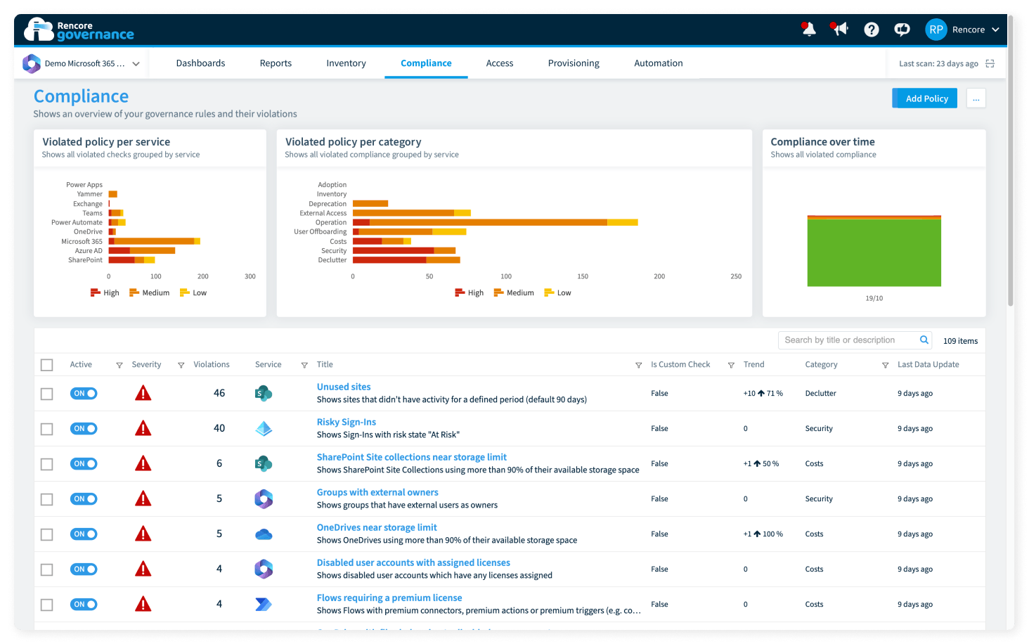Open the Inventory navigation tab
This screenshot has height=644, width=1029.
[346, 63]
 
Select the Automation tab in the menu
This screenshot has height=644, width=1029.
[659, 63]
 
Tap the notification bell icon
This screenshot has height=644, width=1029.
[808, 30]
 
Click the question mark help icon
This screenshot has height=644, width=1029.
[871, 30]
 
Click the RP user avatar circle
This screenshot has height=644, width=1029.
[936, 30]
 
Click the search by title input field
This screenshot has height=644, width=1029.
[850, 340]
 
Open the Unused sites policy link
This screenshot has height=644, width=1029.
[344, 387]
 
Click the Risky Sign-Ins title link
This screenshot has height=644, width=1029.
[347, 422]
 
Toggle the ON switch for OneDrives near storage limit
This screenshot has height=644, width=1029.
[84, 534]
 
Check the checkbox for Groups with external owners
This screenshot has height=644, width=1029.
[47, 499]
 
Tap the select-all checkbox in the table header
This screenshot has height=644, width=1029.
[47, 365]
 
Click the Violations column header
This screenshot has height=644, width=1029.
[212, 364]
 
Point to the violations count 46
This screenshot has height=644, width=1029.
[219, 393]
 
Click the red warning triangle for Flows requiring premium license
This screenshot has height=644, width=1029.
[143, 604]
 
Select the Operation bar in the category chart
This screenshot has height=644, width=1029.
[496, 222]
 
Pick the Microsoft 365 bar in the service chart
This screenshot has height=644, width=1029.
[155, 241]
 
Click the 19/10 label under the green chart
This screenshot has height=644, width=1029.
[874, 298]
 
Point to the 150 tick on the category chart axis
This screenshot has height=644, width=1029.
[583, 276]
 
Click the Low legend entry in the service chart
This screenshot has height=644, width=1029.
[193, 292]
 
